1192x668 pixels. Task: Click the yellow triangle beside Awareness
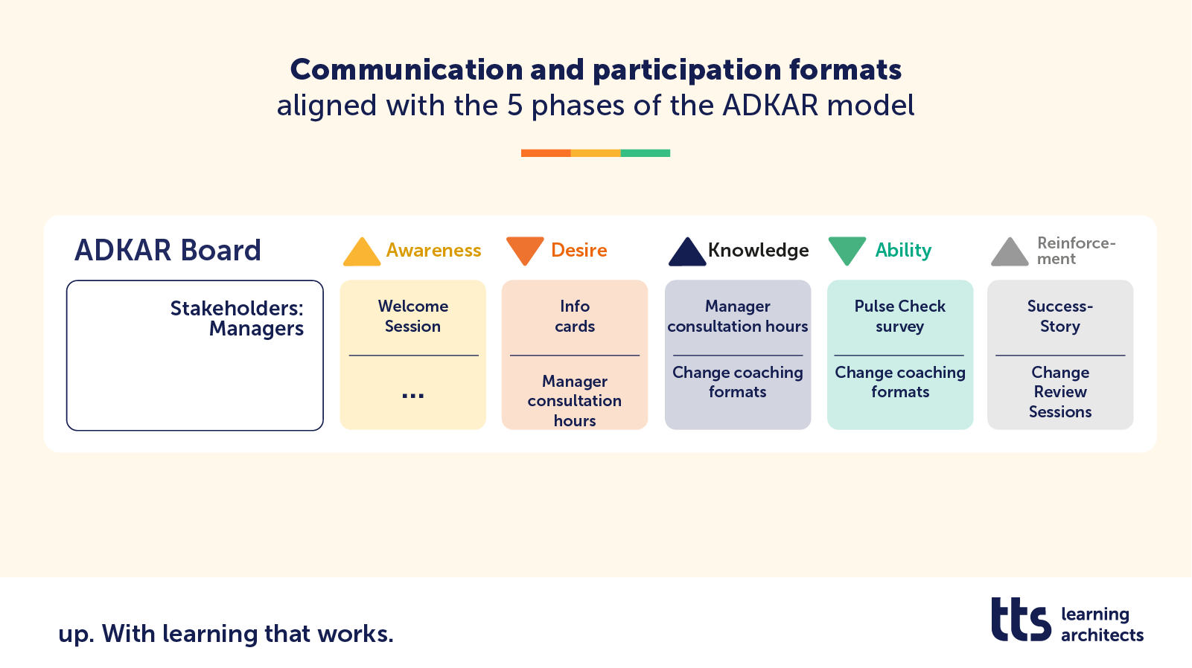pyautogui.click(x=362, y=253)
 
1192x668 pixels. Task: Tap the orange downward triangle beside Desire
pyautogui.click(x=524, y=249)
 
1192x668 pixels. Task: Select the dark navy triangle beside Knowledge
pyautogui.click(x=686, y=253)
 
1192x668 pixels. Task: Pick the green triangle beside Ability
pyautogui.click(x=847, y=249)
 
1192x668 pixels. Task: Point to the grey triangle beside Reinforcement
pyautogui.click(x=1010, y=253)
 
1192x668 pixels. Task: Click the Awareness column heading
pyautogui.click(x=433, y=251)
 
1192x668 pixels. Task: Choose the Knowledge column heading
pyautogui.click(x=758, y=251)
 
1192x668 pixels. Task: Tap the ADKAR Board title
pyautogui.click(x=168, y=251)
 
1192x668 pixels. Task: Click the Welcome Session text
pyautogui.click(x=412, y=316)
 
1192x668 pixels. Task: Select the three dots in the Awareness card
pyautogui.click(x=412, y=396)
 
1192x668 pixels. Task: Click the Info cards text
pyautogui.click(x=575, y=316)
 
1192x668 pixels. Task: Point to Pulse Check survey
pyautogui.click(x=899, y=316)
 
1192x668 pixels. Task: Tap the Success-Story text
pyautogui.click(x=1060, y=316)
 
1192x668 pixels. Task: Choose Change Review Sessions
pyautogui.click(x=1060, y=392)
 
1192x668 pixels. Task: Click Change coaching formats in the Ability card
pyautogui.click(x=899, y=382)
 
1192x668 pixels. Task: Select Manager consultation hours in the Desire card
pyautogui.click(x=575, y=401)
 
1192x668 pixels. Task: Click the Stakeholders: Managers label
pyautogui.click(x=237, y=318)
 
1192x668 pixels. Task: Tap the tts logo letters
pyautogui.click(x=1021, y=620)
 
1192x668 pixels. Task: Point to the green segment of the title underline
pyautogui.click(x=646, y=153)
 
